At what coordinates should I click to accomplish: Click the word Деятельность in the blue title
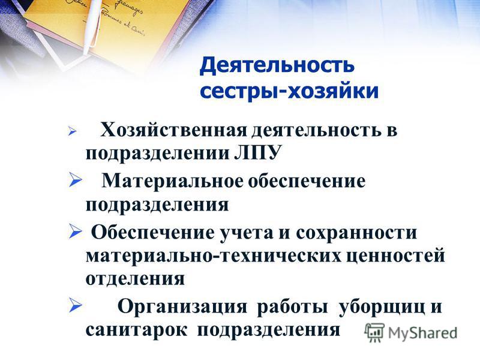coord(277,66)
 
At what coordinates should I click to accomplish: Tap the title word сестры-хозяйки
coord(289,91)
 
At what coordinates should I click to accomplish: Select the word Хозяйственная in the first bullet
coord(173,130)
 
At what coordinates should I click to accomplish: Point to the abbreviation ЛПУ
coord(257,153)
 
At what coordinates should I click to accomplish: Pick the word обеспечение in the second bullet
coord(307,181)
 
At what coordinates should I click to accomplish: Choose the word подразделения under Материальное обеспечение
coord(157,205)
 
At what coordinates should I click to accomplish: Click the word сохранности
coord(356,233)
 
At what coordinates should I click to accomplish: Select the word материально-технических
coord(214,256)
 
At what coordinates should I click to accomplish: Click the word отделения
coord(135,279)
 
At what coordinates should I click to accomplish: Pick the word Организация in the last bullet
coord(182,307)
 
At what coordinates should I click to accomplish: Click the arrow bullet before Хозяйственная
coord(73,131)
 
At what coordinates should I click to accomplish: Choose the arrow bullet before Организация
coord(76,305)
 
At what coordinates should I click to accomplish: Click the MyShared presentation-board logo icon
coord(374,332)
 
